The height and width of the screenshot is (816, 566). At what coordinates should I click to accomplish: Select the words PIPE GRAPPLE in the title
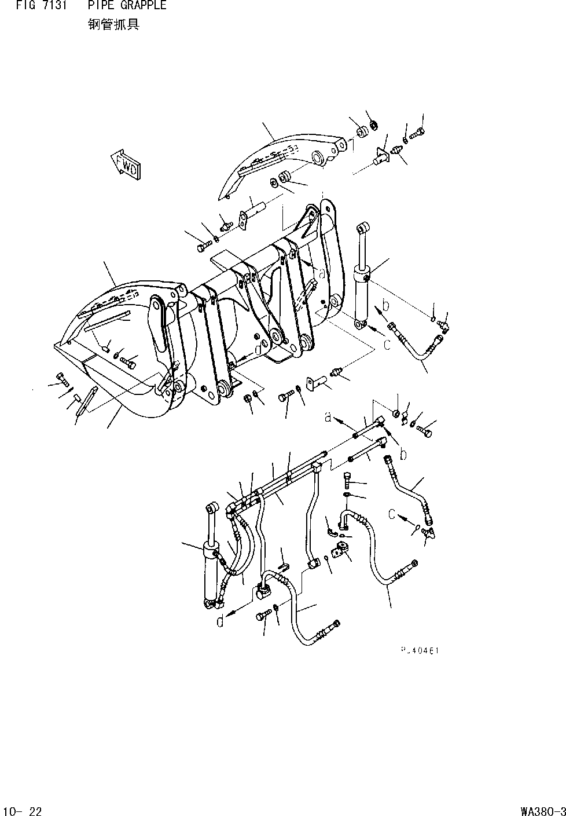pyautogui.click(x=127, y=6)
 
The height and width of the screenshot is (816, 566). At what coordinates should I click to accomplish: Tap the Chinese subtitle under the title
pyautogui.click(x=113, y=25)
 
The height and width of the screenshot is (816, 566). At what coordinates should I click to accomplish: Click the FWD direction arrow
pyautogui.click(x=125, y=164)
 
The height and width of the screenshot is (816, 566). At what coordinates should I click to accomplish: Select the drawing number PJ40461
pyautogui.click(x=420, y=650)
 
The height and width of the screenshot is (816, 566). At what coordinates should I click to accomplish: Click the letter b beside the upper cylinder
pyautogui.click(x=385, y=305)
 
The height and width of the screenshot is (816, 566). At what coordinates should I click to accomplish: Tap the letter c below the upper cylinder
pyautogui.click(x=387, y=345)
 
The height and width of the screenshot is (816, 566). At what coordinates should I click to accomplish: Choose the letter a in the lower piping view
pyautogui.click(x=328, y=416)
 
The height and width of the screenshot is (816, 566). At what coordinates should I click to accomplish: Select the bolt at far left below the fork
pyautogui.click(x=63, y=380)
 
